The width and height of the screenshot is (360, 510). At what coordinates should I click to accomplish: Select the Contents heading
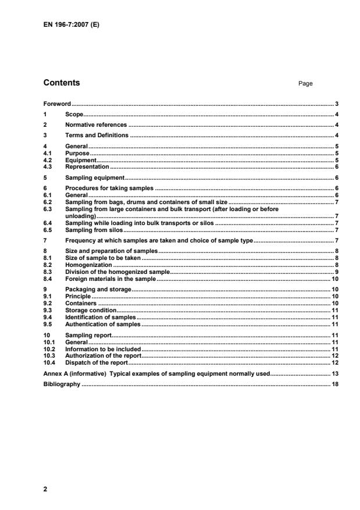point(62,83)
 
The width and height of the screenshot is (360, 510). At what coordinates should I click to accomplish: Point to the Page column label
point(305,84)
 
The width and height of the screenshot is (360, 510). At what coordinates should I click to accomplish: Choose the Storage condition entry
point(91,310)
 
